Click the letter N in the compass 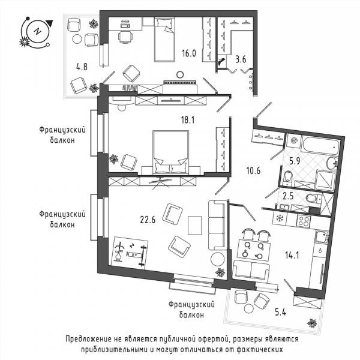point(37,31)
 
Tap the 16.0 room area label point(189,53)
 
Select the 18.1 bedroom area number point(188,119)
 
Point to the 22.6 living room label point(148,220)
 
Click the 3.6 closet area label point(241,59)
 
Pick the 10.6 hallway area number point(253,170)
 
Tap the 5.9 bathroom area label point(295,161)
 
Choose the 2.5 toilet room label point(288,196)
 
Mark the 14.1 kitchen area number point(292,255)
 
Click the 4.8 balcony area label point(82,67)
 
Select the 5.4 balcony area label point(281,312)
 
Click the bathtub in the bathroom point(320,145)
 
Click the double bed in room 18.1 point(170,152)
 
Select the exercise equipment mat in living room point(131,252)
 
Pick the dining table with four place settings point(254,250)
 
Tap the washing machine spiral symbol point(294,140)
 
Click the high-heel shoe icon point(221,61)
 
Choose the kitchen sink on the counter point(321,237)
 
